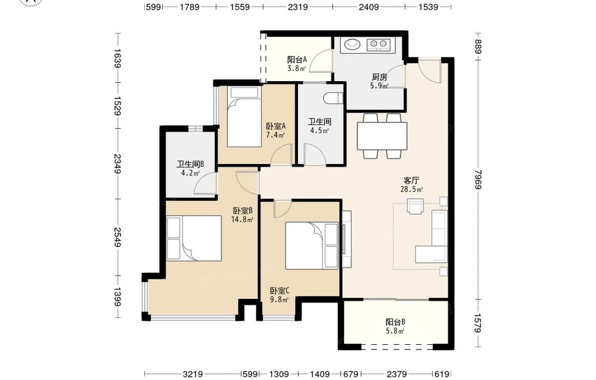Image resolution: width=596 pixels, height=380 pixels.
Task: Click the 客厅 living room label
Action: click(x=411, y=180)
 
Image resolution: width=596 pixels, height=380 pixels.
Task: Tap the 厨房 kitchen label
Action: click(x=379, y=77)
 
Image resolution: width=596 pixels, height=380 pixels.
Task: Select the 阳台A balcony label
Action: click(x=297, y=60)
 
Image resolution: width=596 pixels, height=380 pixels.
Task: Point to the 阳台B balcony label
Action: click(x=395, y=322)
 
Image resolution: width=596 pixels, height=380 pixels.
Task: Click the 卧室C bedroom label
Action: click(x=280, y=291)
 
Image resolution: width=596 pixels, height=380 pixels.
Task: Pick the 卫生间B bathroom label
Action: click(x=191, y=164)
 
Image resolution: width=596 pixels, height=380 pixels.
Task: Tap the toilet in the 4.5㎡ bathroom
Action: click(x=333, y=98)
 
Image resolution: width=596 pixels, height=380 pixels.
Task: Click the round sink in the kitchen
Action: click(x=352, y=44)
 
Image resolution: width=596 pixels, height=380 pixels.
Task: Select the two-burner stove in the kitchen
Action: click(x=378, y=45)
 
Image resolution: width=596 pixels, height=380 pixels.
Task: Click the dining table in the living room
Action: click(x=381, y=136)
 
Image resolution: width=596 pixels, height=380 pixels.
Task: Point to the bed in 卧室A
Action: click(x=244, y=117)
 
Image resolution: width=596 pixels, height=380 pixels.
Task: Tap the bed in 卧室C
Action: click(x=312, y=246)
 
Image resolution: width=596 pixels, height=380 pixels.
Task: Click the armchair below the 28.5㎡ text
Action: click(x=415, y=206)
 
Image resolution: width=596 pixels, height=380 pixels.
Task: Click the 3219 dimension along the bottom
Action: click(x=193, y=374)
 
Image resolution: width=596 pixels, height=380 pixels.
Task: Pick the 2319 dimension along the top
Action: click(x=297, y=7)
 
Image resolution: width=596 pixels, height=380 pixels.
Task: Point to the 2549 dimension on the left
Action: click(x=117, y=237)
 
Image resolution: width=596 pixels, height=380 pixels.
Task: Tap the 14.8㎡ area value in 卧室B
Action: click(x=242, y=220)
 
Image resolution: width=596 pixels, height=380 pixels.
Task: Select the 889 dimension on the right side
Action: click(x=478, y=47)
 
